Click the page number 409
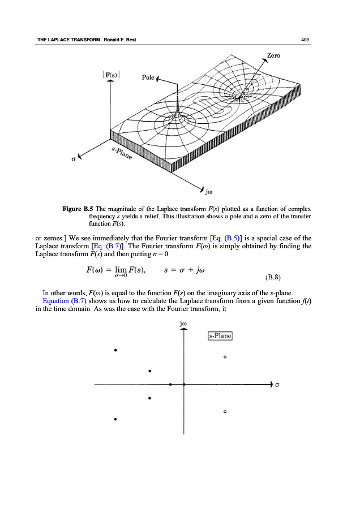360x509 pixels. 305,40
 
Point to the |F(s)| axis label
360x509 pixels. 111,73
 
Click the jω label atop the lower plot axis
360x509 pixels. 183,325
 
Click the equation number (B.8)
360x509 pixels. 273,278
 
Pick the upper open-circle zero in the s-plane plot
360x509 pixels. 225,357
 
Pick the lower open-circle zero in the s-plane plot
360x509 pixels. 225,412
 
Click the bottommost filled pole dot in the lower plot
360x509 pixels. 115,419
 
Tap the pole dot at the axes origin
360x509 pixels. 183,385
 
